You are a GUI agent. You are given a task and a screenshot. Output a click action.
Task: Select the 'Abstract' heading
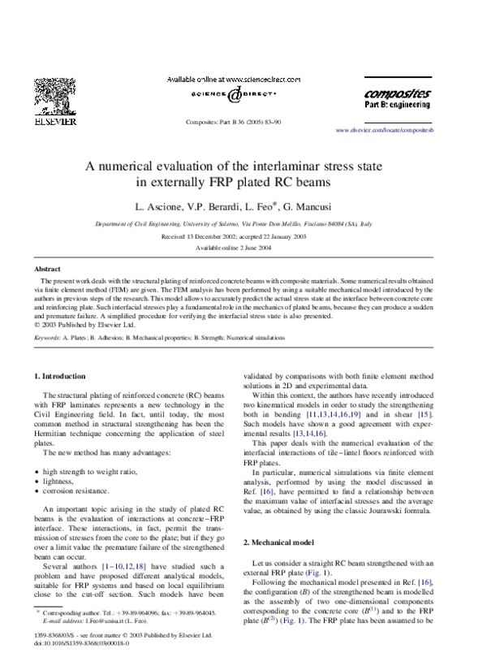(47, 268)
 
